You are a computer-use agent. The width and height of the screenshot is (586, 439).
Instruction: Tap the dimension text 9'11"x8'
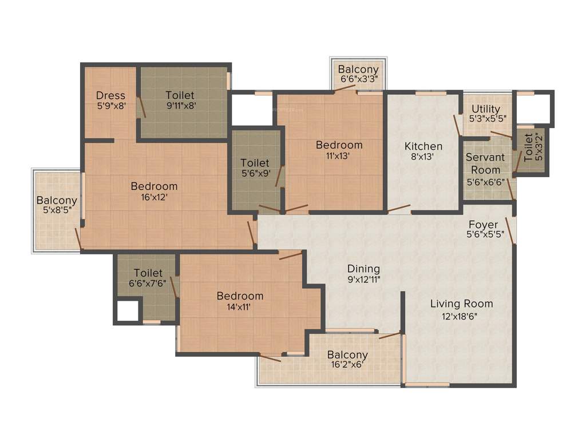click(180, 105)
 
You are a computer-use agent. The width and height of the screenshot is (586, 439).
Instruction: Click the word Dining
click(363, 269)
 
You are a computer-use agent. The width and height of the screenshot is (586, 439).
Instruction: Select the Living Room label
click(461, 304)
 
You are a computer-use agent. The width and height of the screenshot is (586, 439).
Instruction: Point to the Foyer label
click(483, 225)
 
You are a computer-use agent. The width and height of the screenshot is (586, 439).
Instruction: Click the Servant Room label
click(485, 163)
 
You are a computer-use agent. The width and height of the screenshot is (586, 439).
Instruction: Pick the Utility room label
click(486, 109)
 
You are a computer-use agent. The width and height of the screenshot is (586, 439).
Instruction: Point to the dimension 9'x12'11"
click(363, 280)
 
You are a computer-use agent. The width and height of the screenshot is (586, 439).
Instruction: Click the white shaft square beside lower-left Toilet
click(128, 311)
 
